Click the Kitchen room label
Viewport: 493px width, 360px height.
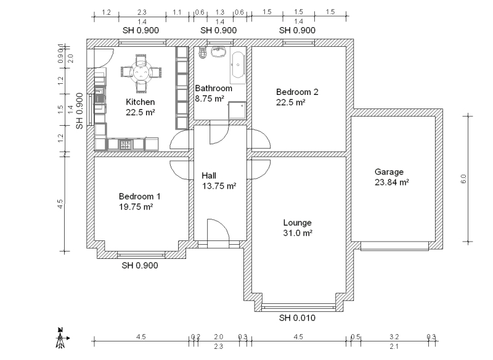click(x=141, y=102)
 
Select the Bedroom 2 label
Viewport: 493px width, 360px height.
click(x=297, y=92)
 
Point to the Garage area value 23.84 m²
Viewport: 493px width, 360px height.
click(x=392, y=182)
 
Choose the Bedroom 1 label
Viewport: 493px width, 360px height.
click(x=139, y=197)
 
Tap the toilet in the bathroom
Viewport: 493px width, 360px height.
click(x=202, y=54)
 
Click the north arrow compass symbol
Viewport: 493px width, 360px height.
click(x=60, y=337)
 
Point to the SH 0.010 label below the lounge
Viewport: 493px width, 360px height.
click(x=297, y=318)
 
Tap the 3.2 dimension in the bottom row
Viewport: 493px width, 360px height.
click(x=394, y=337)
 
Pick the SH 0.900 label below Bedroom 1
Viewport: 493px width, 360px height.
click(x=140, y=266)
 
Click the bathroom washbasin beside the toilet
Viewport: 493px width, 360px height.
click(x=216, y=52)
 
